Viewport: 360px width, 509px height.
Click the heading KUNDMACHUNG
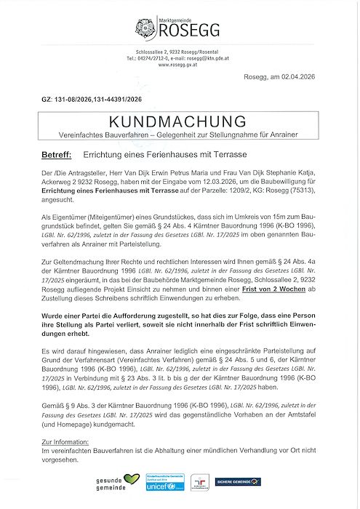(x=180, y=122)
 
